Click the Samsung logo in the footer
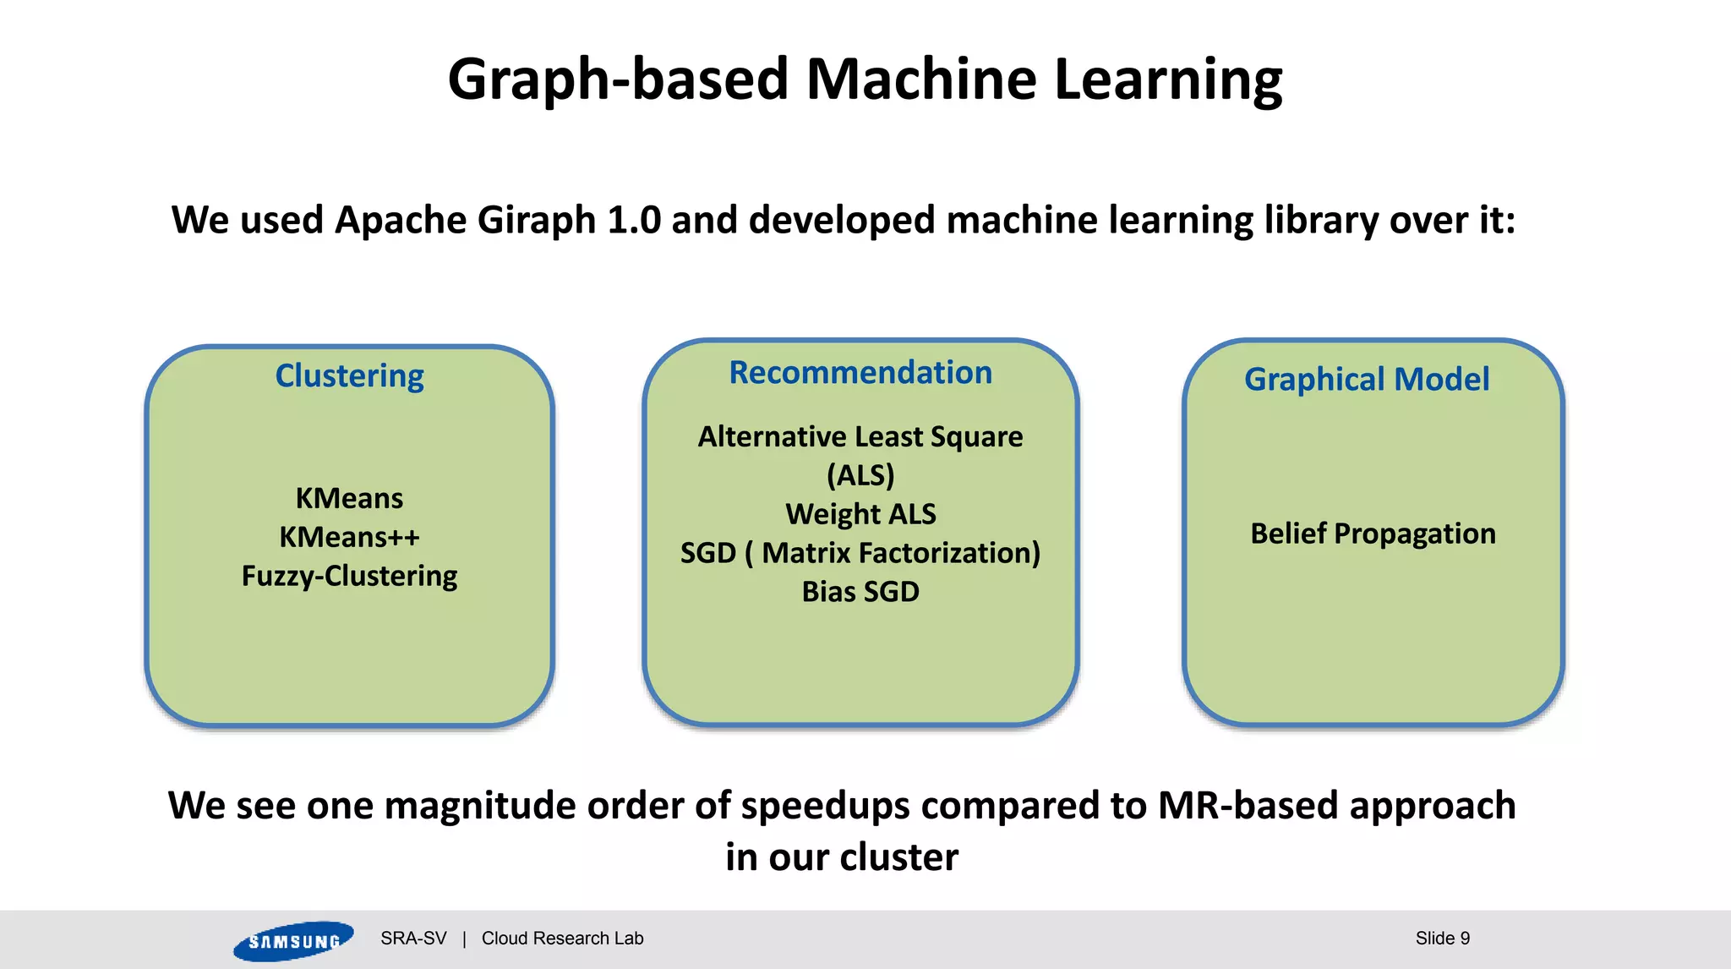click(x=293, y=940)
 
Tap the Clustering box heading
click(x=349, y=375)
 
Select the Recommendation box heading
click(x=860, y=372)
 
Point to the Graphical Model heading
click(x=1367, y=379)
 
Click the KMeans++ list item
click(x=349, y=537)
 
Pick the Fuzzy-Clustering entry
click(x=349, y=576)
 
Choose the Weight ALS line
click(x=860, y=514)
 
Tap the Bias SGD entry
click(x=860, y=592)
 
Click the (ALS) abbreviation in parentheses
click(x=860, y=475)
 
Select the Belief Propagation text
click(x=1373, y=534)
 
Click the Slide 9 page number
click(x=1442, y=939)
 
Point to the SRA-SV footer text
click(x=413, y=939)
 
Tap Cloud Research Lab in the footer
click(x=562, y=939)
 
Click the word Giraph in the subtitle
click(x=536, y=221)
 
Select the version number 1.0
click(x=634, y=221)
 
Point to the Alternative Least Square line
click(x=860, y=436)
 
